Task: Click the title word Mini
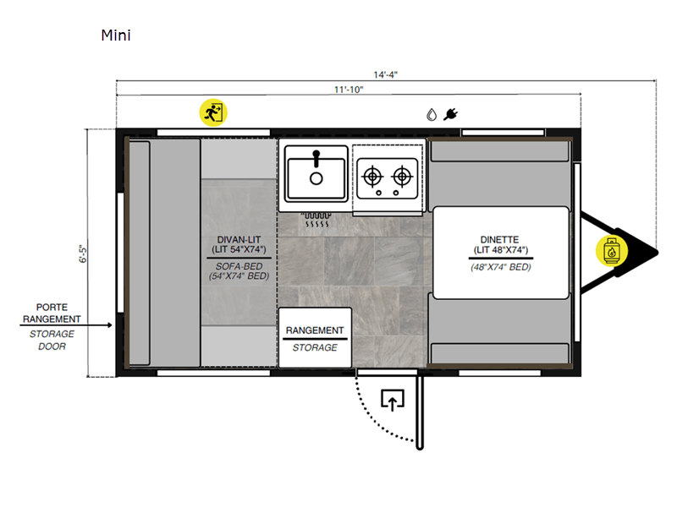(116, 35)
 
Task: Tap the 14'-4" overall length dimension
(386, 74)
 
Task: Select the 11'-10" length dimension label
(349, 90)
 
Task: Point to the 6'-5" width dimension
(83, 253)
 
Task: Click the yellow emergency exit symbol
(213, 113)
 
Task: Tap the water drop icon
(432, 115)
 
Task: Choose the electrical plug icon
(450, 114)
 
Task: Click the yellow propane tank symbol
(611, 251)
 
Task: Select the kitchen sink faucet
(316, 158)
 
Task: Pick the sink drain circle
(316, 178)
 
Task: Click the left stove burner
(372, 177)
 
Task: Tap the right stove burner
(402, 177)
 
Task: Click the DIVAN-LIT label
(239, 240)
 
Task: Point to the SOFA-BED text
(239, 266)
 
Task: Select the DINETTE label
(499, 240)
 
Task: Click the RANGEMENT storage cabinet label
(315, 330)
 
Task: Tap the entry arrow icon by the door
(393, 400)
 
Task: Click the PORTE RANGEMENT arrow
(66, 325)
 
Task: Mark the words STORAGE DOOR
(52, 341)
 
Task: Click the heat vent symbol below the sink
(316, 220)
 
